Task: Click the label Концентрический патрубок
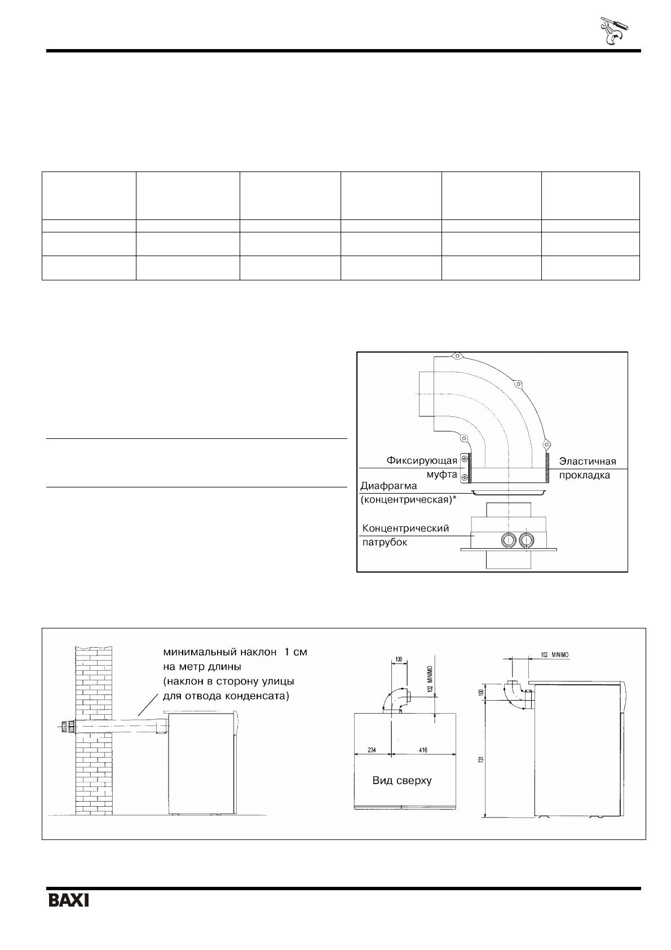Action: (x=405, y=535)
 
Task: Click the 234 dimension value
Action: (x=370, y=750)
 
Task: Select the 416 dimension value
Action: (x=422, y=750)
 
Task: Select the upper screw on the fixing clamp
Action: (x=464, y=460)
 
